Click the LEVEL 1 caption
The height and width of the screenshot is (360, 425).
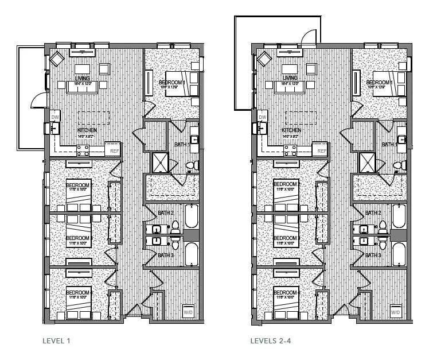(56, 340)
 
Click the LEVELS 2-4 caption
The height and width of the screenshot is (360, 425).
(268, 340)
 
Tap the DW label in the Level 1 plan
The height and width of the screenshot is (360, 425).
(55, 117)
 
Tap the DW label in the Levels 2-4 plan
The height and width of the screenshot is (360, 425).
(263, 117)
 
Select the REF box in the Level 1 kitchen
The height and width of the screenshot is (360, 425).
(114, 150)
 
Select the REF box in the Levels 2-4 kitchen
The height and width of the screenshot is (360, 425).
(322, 150)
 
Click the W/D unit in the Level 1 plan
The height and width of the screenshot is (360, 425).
(188, 312)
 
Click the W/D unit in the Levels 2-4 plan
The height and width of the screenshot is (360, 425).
(396, 312)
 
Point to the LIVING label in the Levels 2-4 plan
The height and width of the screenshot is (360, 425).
(290, 78)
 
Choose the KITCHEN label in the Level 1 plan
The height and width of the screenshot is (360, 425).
(87, 130)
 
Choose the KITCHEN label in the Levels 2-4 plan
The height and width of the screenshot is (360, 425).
(294, 130)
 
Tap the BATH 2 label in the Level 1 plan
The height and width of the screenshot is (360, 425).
(165, 213)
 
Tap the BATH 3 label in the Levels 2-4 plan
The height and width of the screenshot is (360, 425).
(373, 255)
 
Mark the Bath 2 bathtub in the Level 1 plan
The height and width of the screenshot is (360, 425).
(190, 217)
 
